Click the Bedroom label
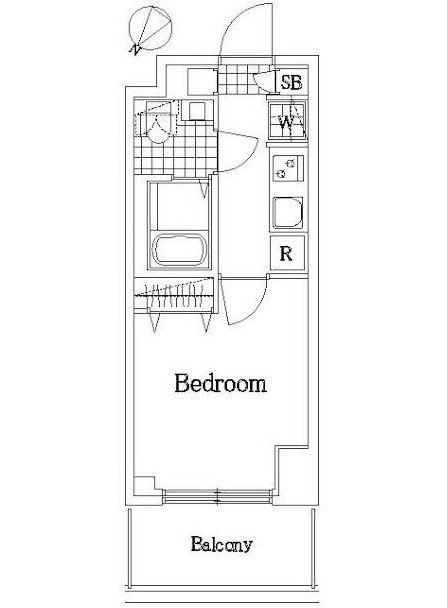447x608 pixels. coord(221,383)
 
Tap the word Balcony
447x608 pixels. coord(221,545)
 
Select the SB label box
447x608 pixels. coord(291,82)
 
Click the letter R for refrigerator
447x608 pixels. coord(286,254)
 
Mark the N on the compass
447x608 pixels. coord(136,49)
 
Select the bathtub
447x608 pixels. coord(179,249)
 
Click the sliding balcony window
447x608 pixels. coord(217,497)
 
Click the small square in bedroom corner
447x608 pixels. coord(142,483)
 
